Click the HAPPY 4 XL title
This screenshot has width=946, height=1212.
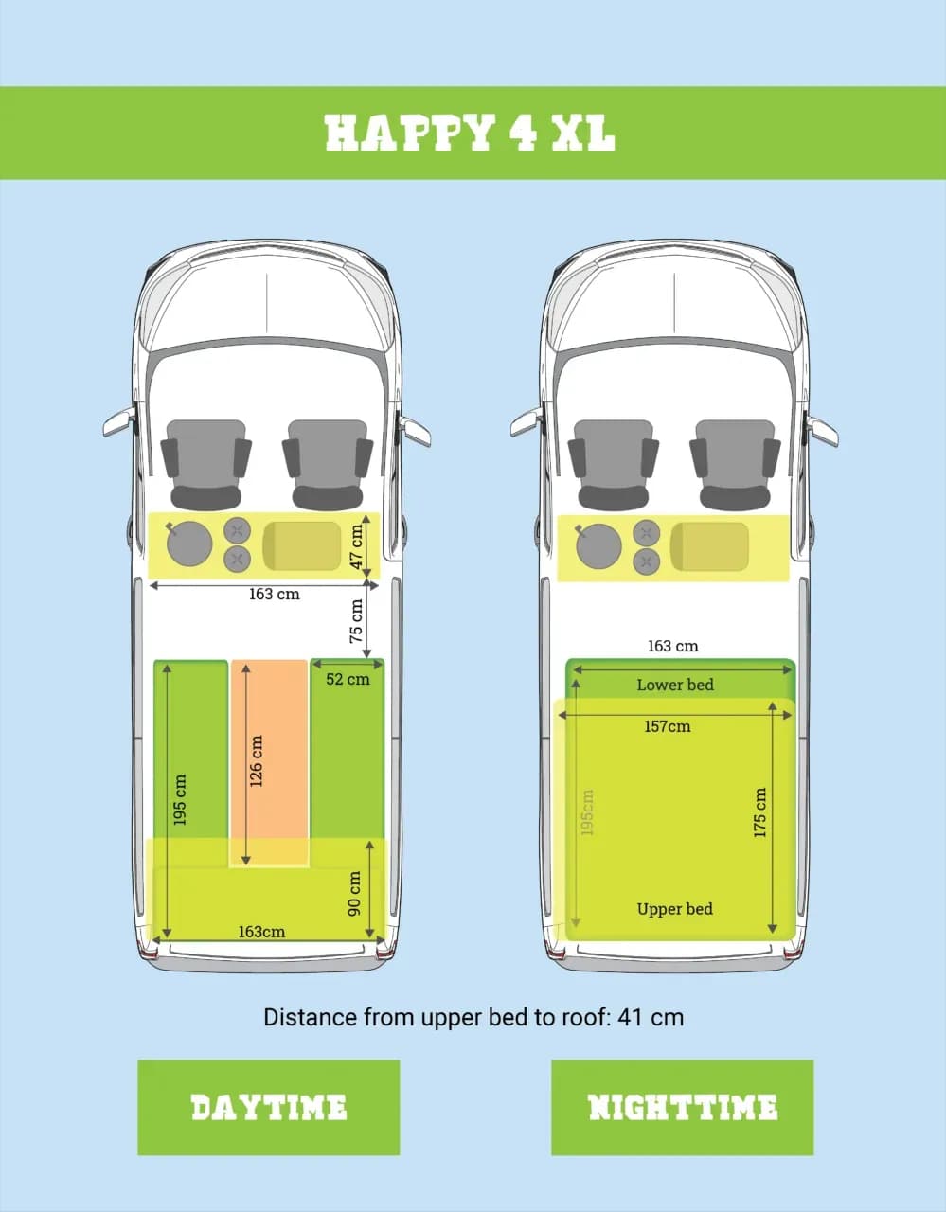[470, 133]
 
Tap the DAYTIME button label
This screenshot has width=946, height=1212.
[268, 1107]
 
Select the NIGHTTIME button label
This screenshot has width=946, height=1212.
[682, 1107]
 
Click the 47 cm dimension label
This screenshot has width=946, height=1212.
[356, 546]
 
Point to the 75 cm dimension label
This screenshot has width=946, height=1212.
[356, 621]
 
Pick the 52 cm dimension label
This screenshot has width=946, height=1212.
[348, 679]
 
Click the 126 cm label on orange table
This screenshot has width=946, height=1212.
[256, 760]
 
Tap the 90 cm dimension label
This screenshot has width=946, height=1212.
[354, 893]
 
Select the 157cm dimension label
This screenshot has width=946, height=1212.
[667, 726]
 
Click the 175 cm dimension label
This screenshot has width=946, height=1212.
[759, 812]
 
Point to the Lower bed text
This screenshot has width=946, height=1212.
[675, 685]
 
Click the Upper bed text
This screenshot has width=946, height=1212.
[675, 909]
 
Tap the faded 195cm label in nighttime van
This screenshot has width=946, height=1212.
[587, 812]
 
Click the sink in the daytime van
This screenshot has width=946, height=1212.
[189, 544]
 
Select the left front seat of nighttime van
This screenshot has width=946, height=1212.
[613, 465]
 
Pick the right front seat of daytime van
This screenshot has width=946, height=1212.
[328, 465]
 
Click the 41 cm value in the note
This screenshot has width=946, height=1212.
[651, 1017]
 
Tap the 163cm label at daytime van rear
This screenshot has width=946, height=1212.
[261, 932]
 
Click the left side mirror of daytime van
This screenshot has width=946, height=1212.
[118, 421]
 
